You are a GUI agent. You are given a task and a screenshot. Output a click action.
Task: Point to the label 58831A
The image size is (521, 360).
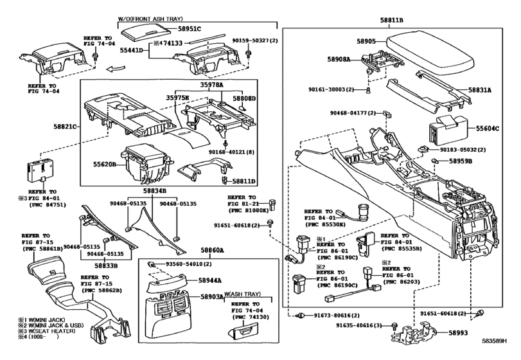481,91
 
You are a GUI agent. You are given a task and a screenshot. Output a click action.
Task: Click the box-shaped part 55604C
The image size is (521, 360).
446,129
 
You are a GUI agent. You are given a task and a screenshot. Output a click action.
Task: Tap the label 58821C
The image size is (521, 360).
66,127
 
